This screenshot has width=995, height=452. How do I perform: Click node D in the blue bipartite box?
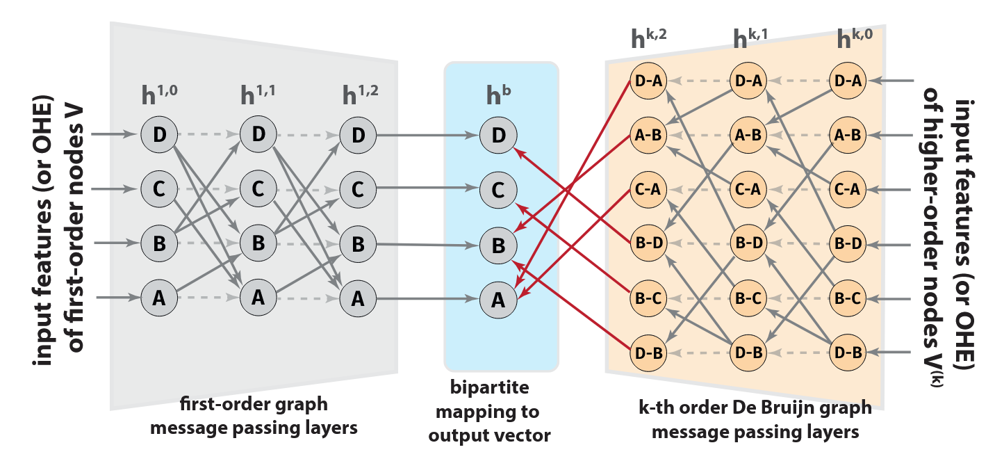click(x=497, y=135)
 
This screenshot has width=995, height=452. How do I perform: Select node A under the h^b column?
click(x=497, y=300)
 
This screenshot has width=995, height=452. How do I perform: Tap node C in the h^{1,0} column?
click(x=158, y=188)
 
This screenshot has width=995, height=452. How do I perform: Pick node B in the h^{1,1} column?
click(x=258, y=243)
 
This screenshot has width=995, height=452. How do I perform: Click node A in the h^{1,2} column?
click(x=358, y=298)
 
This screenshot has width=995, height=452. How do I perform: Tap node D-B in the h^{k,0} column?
click(x=848, y=353)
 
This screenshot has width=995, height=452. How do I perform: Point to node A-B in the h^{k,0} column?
click(x=848, y=135)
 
